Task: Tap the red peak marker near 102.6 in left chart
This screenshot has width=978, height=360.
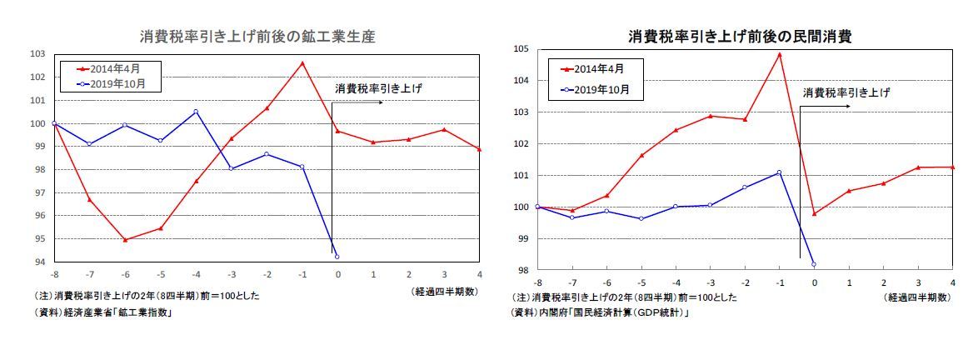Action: click(302, 62)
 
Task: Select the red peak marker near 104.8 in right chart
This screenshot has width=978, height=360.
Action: click(779, 54)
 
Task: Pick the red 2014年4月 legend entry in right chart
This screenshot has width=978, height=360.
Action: click(598, 68)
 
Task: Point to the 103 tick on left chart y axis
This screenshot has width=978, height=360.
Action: click(37, 54)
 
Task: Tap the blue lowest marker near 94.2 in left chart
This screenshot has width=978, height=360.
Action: click(337, 256)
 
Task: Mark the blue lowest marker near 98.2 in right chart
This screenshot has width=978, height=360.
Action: click(814, 264)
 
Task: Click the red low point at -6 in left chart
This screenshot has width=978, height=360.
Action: click(125, 240)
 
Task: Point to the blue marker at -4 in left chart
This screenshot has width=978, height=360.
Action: click(196, 111)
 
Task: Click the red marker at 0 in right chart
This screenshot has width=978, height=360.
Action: click(814, 213)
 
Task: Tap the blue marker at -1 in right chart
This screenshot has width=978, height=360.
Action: click(779, 172)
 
